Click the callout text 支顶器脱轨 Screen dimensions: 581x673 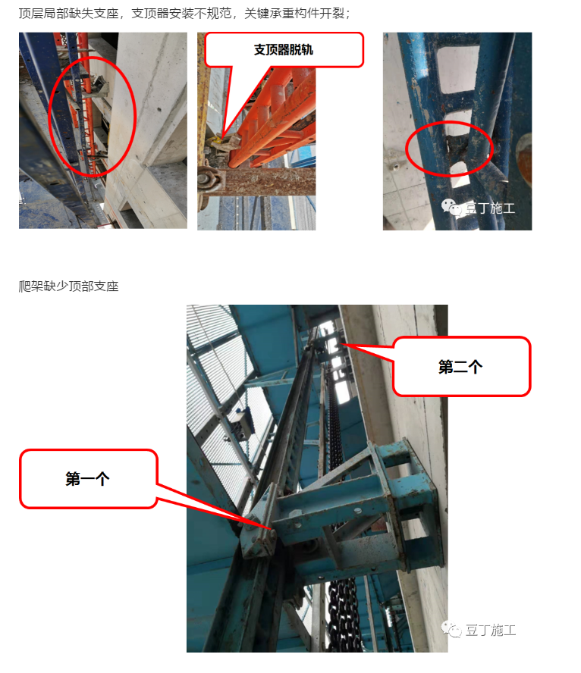point(284,50)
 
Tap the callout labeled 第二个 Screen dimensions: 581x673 point(461,367)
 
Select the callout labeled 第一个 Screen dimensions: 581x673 point(88,478)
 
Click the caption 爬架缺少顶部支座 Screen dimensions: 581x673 point(69,286)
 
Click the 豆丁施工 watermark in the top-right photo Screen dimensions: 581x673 point(489,208)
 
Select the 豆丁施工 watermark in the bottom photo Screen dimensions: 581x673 point(491,630)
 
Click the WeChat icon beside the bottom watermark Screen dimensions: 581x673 point(451,629)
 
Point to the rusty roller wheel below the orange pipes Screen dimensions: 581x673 point(212,179)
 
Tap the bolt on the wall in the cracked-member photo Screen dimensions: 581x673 point(394,166)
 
